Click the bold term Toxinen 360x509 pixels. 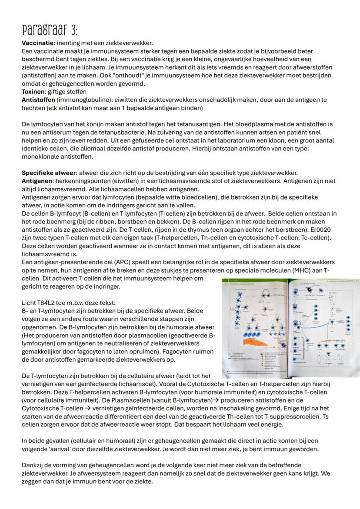[x=33, y=92]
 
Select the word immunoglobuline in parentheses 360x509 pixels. [x=76, y=100]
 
